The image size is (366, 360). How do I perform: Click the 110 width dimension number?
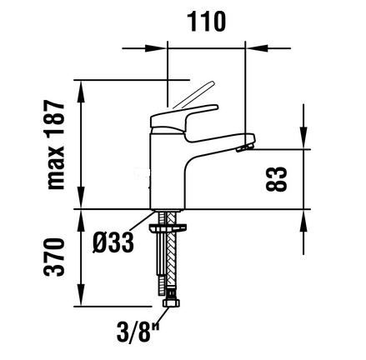pyautogui.click(x=206, y=22)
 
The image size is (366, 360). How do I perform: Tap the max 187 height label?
pyautogui.click(x=56, y=145)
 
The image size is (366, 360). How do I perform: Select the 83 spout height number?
pyautogui.click(x=276, y=179)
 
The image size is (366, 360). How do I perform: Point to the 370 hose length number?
pyautogui.click(x=55, y=257)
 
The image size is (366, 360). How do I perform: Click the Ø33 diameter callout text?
pyautogui.click(x=113, y=242)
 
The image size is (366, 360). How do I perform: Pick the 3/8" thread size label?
pyautogui.click(x=138, y=332)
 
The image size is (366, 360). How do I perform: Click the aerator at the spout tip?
pyautogui.click(x=244, y=147)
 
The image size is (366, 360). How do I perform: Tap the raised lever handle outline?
pyautogui.click(x=193, y=95)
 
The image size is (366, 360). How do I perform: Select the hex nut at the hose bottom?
pyautogui.click(x=172, y=302)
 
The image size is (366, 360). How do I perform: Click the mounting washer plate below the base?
pyautogui.click(x=168, y=227)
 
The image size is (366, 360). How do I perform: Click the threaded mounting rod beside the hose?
pyautogui.click(x=162, y=252)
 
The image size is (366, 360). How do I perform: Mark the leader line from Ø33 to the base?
pyautogui.click(x=141, y=221)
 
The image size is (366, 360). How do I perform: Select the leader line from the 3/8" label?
pyautogui.click(x=163, y=317)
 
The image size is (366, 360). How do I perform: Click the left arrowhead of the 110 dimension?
pyautogui.click(x=157, y=48)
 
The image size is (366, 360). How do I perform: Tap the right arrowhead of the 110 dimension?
pyautogui.click(x=257, y=48)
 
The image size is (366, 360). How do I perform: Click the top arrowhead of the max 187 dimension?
pyautogui.click(x=81, y=92)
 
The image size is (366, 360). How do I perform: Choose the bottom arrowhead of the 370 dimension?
pyautogui.click(x=81, y=295)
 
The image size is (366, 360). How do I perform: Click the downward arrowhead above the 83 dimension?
pyautogui.click(x=303, y=138)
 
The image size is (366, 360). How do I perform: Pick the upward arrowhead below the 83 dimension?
pyautogui.click(x=303, y=221)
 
